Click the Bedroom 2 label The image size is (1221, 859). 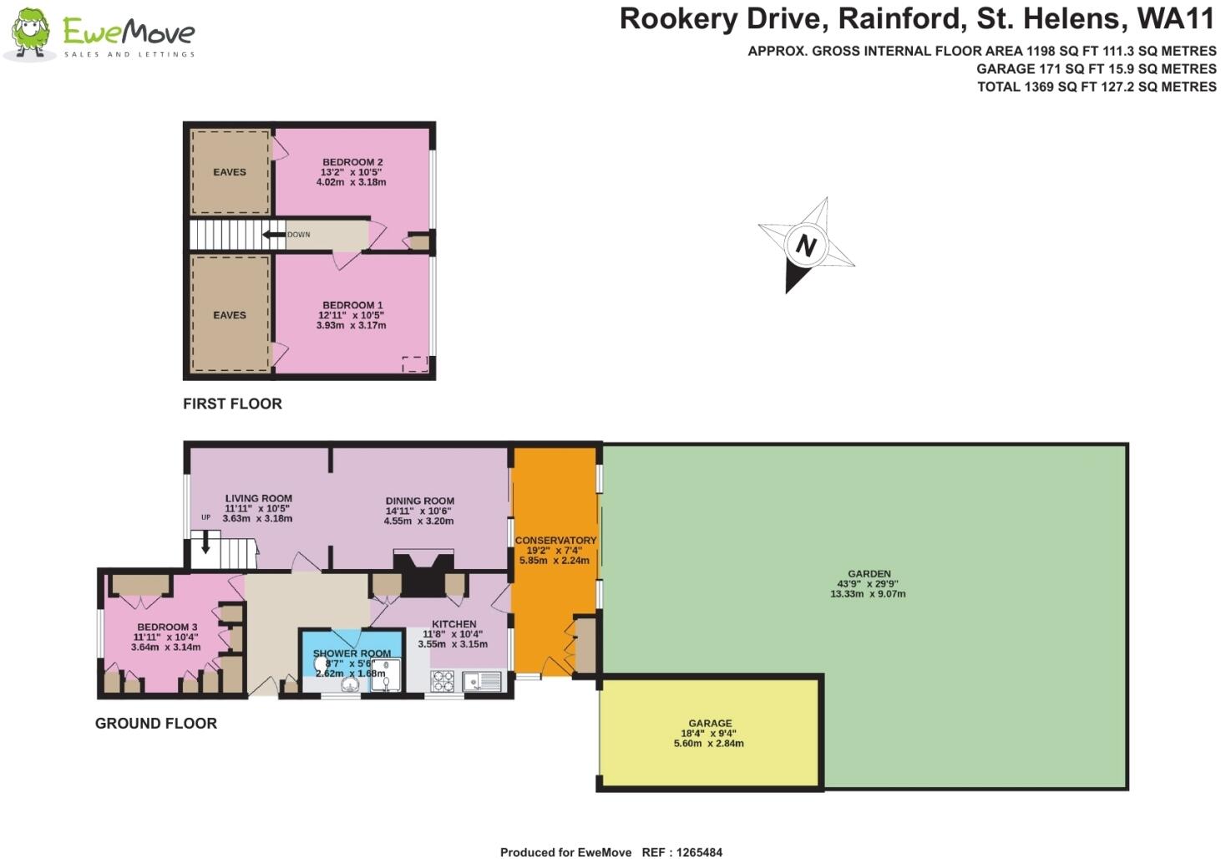352,162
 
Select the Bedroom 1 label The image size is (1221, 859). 352,305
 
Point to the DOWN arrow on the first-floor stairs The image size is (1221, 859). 274,235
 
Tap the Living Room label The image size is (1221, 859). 258,498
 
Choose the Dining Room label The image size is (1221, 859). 419,501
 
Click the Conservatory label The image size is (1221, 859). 555,541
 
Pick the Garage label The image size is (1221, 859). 710,724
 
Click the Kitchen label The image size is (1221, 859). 453,624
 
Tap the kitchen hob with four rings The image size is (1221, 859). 442,682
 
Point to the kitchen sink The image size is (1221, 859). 482,682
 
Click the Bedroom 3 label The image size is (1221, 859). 167,627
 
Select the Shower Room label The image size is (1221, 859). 352,653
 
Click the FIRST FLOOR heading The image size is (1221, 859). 232,404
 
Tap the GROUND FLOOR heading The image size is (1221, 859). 156,724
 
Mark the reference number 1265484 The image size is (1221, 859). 693,852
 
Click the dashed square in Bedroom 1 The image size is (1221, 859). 415,363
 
